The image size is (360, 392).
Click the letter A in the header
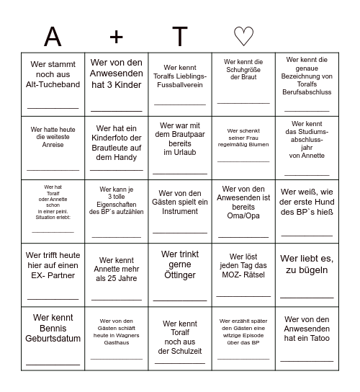pyautogui.click(x=53, y=36)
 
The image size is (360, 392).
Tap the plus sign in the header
pyautogui.click(x=117, y=36)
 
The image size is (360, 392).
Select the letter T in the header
pyautogui.click(x=180, y=36)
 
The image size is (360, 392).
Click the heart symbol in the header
pyautogui.click(x=243, y=36)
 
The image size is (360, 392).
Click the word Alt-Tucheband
pyautogui.click(x=53, y=84)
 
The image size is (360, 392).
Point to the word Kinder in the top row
pyautogui.click(x=127, y=84)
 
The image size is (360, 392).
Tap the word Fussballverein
pyautogui.click(x=180, y=85)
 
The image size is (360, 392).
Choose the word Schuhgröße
pyautogui.click(x=243, y=70)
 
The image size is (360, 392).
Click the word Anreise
pyautogui.click(x=53, y=145)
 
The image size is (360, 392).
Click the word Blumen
pyautogui.click(x=260, y=144)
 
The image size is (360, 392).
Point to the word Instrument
pyautogui.click(x=180, y=212)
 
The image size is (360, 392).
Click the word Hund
pyautogui.click(x=320, y=202)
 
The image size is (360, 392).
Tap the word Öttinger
pyautogui.click(x=180, y=275)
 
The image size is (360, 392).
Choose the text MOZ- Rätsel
pyautogui.click(x=243, y=274)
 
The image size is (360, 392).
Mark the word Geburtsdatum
pyautogui.click(x=53, y=339)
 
